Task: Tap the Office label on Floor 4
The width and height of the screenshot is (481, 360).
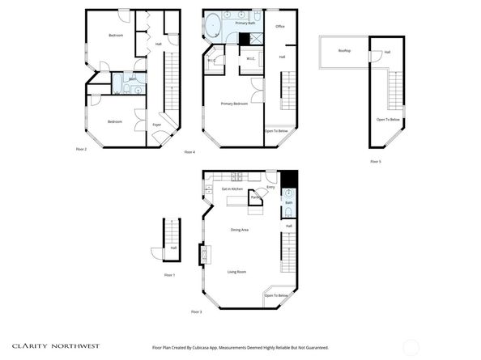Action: tap(280, 27)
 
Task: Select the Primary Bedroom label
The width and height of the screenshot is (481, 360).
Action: tap(234, 104)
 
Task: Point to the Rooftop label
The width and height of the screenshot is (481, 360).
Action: tap(344, 51)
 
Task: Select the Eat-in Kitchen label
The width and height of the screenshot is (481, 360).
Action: tap(232, 188)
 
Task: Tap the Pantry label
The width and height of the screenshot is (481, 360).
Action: tap(254, 197)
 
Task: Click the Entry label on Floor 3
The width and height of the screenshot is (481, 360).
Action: tap(270, 188)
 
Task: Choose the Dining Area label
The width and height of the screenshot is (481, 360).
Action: tap(239, 230)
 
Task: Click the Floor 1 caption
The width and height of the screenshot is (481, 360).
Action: tap(169, 276)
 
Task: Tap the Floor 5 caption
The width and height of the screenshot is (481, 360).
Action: tap(375, 162)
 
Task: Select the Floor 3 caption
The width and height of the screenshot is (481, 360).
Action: tap(196, 311)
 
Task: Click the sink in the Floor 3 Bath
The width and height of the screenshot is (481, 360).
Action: tap(289, 193)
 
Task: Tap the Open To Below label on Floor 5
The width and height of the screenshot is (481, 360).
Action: tap(388, 120)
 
